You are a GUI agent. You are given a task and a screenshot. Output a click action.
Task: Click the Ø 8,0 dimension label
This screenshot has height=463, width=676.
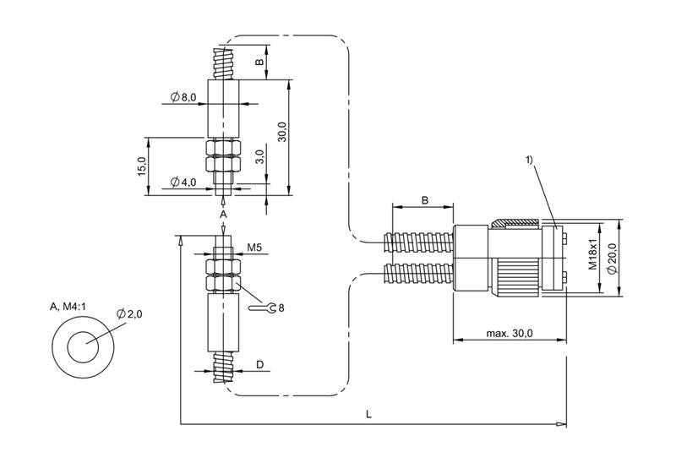pyautogui.click(x=183, y=98)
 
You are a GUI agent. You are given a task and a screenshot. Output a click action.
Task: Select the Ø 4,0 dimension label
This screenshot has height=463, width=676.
pyautogui.click(x=183, y=182)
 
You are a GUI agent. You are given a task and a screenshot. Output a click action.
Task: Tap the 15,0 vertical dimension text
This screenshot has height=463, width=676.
pyautogui.click(x=142, y=166)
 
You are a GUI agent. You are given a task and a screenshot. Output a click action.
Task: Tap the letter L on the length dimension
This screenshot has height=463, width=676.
pyautogui.click(x=368, y=414)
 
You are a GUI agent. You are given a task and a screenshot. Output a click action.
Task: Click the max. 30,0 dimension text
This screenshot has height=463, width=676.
pyautogui.click(x=510, y=333)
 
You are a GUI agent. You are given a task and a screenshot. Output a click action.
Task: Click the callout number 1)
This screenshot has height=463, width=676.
pyautogui.click(x=530, y=161)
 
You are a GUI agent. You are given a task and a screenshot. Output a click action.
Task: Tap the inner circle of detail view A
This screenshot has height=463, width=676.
pyautogui.click(x=82, y=348)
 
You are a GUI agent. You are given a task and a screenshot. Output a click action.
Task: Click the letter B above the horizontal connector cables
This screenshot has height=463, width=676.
pyautogui.click(x=424, y=201)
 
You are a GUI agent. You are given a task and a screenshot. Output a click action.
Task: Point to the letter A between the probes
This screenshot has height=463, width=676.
pyautogui.click(x=223, y=216)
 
